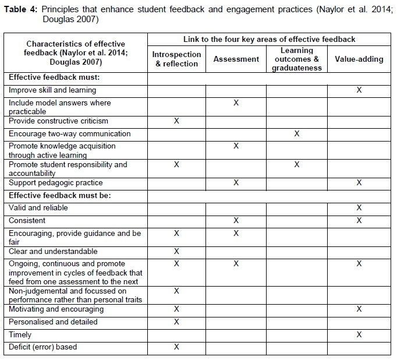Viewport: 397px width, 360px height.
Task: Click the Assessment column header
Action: point(236,59)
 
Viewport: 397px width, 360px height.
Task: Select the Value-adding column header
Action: point(359,59)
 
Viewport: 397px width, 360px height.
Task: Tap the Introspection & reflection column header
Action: point(177,59)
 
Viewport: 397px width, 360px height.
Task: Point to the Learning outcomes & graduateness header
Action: point(297,59)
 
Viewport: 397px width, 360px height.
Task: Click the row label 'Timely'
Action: point(20,335)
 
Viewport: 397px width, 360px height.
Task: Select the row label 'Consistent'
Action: point(27,221)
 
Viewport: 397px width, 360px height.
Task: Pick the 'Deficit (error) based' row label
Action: point(43,347)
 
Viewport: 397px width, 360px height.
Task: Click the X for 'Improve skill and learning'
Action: point(359,90)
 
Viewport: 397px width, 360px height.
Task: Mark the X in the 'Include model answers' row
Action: point(236,103)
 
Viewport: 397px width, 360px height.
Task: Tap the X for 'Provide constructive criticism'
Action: point(177,121)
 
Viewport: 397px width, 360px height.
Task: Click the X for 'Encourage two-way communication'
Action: point(297,133)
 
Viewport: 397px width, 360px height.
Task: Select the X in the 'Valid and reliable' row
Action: point(359,208)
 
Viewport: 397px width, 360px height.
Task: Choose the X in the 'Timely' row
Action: point(359,335)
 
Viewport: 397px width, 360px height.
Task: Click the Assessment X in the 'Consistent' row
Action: point(236,221)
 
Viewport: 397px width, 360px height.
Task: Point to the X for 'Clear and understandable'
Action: point(177,252)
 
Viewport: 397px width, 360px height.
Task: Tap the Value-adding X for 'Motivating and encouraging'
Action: point(359,309)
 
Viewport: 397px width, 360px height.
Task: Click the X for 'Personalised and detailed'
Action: point(177,322)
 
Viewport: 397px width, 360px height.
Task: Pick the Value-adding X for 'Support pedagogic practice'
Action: point(359,183)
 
